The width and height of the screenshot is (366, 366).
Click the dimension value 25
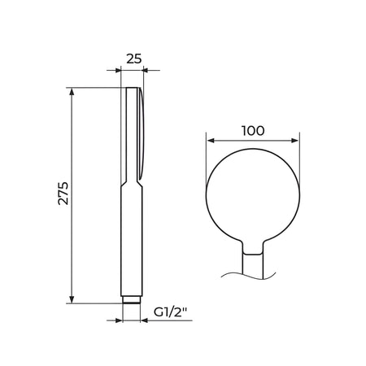pos(134,59)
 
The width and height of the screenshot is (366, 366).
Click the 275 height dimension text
pos(63,194)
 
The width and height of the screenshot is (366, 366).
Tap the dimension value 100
pos(253,131)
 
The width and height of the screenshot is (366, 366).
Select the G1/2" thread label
pos(171,312)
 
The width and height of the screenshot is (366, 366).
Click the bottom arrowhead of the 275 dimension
pos(72,299)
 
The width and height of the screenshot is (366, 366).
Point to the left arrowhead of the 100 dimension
pos(211,141)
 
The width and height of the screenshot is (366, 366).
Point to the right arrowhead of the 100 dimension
pos(294,141)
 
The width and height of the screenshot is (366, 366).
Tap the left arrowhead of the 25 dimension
pos(117,71)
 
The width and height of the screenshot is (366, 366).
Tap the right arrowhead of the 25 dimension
pos(146,71)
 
